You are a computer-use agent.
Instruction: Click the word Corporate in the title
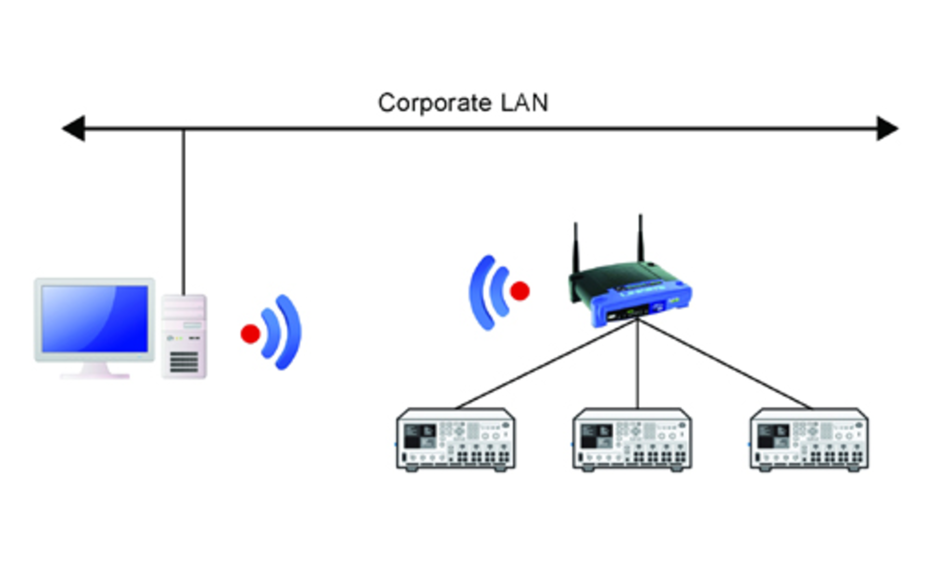pos(434,103)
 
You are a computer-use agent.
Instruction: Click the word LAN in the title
pos(524,103)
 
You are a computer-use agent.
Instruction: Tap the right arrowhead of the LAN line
pos(887,128)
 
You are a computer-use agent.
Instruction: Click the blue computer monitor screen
pos(95,318)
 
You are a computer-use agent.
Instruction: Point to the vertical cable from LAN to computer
pos(183,212)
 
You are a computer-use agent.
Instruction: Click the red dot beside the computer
pos(250,333)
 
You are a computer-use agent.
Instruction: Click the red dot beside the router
pos(520,291)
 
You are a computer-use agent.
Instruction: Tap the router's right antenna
pos(640,239)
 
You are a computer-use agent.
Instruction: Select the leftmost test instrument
pos(456,439)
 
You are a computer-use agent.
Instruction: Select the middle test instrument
pos(632,439)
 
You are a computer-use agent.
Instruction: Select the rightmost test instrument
pos(809,439)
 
